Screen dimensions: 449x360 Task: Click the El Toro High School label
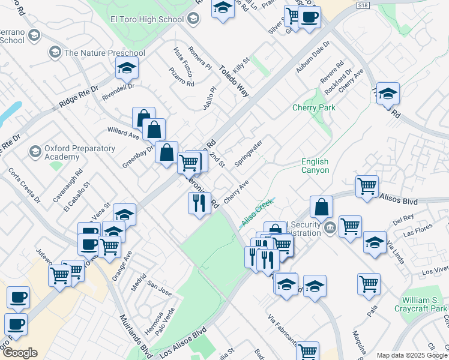click(147, 19)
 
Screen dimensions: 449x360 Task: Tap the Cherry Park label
click(313, 107)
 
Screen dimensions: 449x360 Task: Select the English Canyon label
click(315, 166)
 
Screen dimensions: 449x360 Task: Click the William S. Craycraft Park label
click(424, 304)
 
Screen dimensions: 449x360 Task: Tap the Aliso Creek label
click(257, 212)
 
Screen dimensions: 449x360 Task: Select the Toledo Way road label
click(234, 81)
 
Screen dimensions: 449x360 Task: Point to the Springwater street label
click(248, 154)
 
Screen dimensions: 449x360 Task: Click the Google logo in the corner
click(20, 353)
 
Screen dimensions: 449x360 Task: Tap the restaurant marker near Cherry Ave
click(198, 203)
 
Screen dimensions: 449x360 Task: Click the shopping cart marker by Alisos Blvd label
click(366, 186)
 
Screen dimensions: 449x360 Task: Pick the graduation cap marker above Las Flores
click(375, 243)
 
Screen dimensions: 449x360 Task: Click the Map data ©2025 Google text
click(411, 355)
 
